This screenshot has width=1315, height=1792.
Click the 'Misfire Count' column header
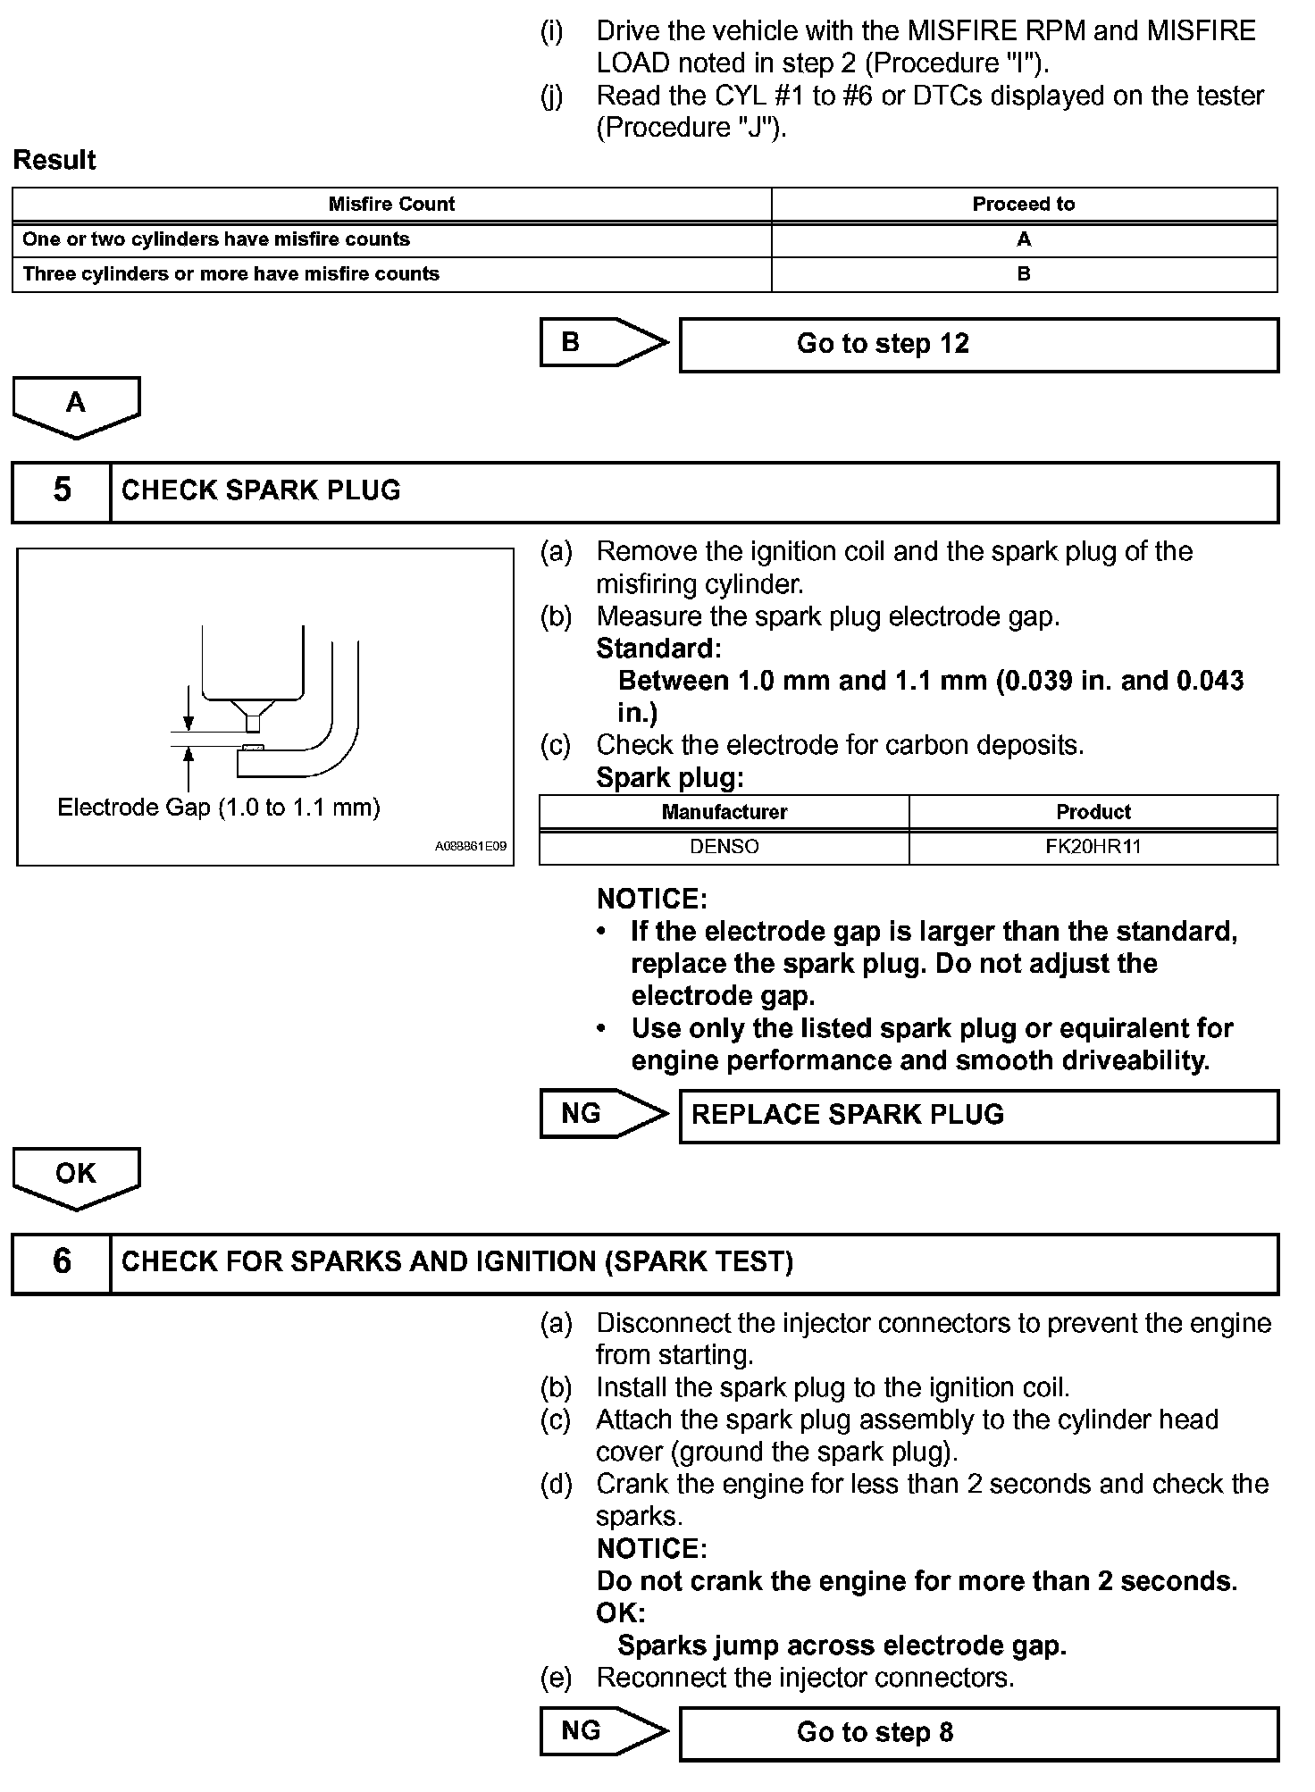(391, 205)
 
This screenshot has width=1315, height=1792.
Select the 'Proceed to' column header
(1024, 205)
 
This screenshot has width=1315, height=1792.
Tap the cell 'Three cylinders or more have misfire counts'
(231, 274)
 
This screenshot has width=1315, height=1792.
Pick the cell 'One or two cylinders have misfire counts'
(216, 239)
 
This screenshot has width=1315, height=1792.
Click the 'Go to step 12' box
(978, 345)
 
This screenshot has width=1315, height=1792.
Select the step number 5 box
(62, 490)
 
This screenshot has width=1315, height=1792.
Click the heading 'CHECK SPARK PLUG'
(261, 490)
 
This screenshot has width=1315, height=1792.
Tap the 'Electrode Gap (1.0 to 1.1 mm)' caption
(219, 808)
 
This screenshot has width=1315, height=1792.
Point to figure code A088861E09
(471, 846)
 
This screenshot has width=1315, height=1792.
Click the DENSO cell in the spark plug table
(724, 847)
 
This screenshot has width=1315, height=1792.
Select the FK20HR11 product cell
(1093, 847)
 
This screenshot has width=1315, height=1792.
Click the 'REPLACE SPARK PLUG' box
(978, 1116)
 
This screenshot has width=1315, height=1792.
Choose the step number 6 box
(62, 1261)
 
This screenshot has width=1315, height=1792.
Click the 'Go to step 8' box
(978, 1733)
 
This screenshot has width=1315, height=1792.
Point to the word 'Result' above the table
(54, 161)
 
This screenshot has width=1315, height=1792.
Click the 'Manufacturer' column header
(724, 812)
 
